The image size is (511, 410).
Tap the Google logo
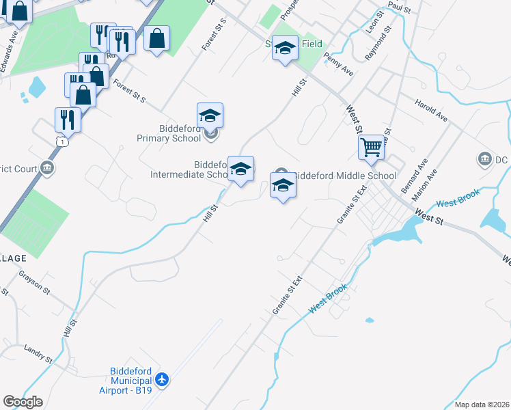[23, 402]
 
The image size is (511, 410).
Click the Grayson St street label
[34, 281]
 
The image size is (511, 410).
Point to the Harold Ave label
[431, 109]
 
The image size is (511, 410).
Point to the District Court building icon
[47, 167]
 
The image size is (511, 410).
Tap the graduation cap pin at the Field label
[285, 48]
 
